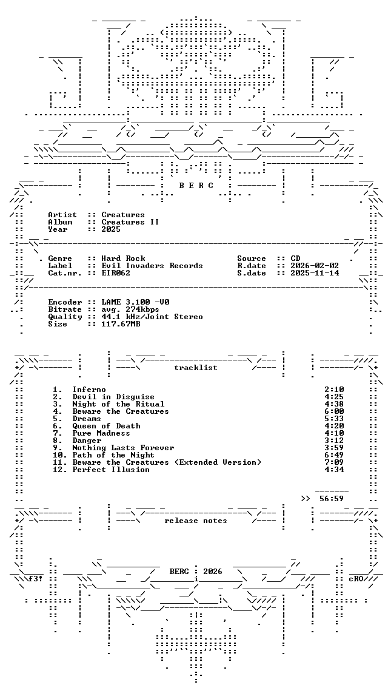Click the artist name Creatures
[123, 215]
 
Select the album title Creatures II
[130, 222]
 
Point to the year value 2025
[111, 229]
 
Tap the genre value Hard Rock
[123, 258]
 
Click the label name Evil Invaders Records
[152, 266]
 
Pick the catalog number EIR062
[116, 273]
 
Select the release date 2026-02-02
[315, 266]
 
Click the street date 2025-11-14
[315, 273]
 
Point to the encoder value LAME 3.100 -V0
[135, 302]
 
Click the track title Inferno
[89, 390]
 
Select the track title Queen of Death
[107, 426]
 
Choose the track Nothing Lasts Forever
[123, 448]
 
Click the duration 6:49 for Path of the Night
[334, 454]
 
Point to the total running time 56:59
[332, 498]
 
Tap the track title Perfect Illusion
[111, 470]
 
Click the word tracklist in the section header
[196, 368]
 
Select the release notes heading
[196, 521]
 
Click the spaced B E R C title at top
[196, 186]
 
